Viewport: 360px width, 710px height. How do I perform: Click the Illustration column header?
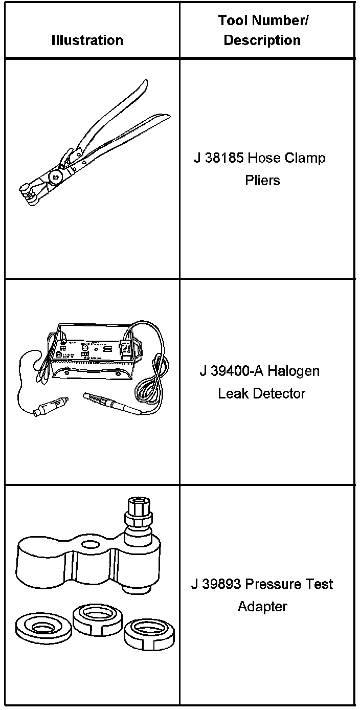click(x=87, y=40)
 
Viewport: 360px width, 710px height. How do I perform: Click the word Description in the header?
click(x=262, y=40)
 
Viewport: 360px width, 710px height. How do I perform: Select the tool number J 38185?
click(x=218, y=158)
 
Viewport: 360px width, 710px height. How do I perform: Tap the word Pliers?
click(x=262, y=180)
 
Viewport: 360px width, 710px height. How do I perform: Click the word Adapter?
click(x=262, y=607)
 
